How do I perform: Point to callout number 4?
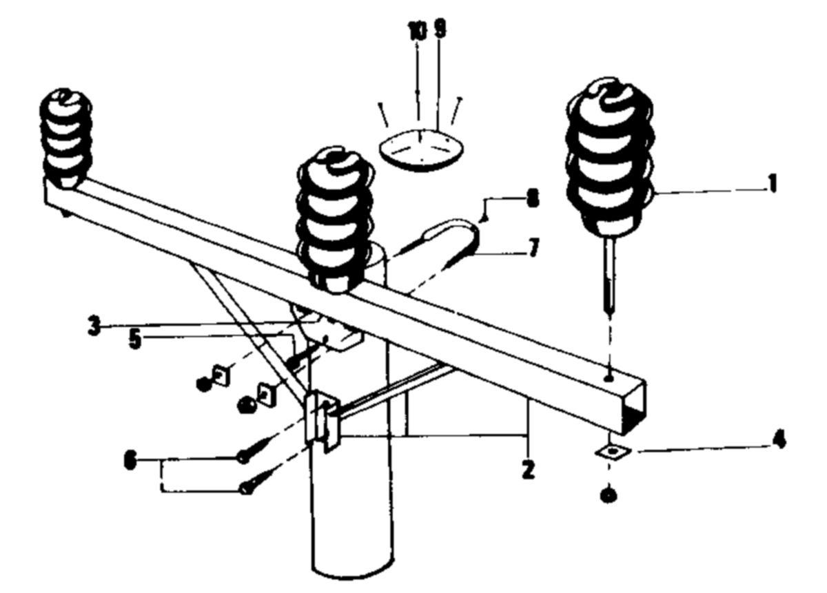(779, 440)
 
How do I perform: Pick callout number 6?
(129, 460)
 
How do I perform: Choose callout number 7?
(533, 248)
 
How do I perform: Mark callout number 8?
(531, 199)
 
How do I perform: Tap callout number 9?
(440, 30)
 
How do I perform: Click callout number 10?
(417, 31)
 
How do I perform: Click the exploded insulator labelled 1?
(609, 158)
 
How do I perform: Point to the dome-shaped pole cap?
(422, 148)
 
